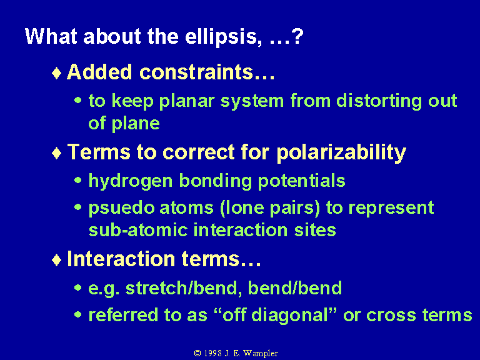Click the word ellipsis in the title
[x=223, y=37]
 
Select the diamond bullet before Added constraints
[x=57, y=74]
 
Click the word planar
[x=186, y=102]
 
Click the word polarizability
[x=341, y=152]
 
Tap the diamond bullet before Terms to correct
[x=57, y=153]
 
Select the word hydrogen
[x=131, y=181]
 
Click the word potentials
[x=301, y=181]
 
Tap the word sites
[x=315, y=230]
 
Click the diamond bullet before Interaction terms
[x=57, y=260]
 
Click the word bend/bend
[x=294, y=288]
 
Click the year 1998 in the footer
[x=212, y=353]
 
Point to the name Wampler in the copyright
[x=261, y=354]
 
